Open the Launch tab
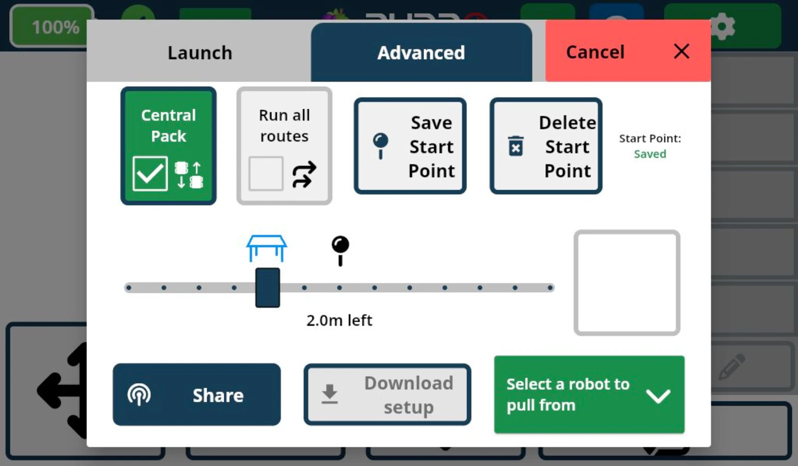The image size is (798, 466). (x=200, y=53)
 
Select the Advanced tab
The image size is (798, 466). (x=421, y=53)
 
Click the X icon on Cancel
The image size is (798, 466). (x=681, y=52)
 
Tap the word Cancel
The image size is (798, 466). (x=595, y=52)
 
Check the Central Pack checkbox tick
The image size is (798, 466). (x=150, y=174)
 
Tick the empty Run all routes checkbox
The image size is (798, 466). (x=266, y=174)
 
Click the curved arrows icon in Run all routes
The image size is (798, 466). (x=304, y=174)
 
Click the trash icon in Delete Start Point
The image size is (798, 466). (x=516, y=146)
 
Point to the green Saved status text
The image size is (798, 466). (x=650, y=154)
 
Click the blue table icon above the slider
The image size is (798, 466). (x=266, y=248)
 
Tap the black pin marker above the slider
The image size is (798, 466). (x=340, y=250)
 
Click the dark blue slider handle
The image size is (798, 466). (x=267, y=288)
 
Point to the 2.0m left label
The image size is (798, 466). (x=339, y=320)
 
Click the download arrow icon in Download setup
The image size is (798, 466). (x=329, y=394)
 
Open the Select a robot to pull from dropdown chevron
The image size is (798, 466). (x=658, y=395)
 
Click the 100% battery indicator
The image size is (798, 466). (x=55, y=27)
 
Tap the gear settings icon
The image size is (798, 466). (x=722, y=26)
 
